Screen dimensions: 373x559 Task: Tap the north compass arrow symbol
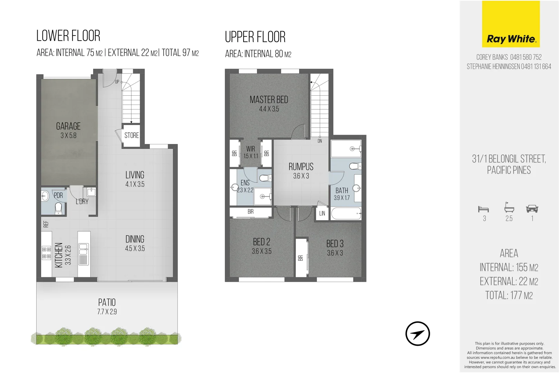coord(418,334)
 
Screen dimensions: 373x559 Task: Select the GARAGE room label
coord(68,126)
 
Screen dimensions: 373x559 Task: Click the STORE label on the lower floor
coord(131,135)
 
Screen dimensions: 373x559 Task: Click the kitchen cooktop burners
coord(46,253)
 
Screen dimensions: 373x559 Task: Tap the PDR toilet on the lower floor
coord(58,208)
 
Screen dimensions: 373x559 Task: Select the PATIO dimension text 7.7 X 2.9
coord(107,312)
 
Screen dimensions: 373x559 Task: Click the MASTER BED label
coord(269,100)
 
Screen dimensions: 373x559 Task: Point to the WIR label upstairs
coord(251,149)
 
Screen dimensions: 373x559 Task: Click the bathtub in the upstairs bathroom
coord(346,214)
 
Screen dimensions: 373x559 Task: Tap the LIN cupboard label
coord(322,213)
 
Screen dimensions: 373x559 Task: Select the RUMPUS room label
coord(301,167)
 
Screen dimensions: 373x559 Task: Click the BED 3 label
coord(335,244)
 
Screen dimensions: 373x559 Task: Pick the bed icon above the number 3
coord(483,209)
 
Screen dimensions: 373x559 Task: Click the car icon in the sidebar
coord(532,209)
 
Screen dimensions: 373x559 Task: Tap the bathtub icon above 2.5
coord(509,208)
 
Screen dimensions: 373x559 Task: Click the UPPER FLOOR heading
coord(255,37)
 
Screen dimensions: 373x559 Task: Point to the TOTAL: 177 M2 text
coord(509,296)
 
